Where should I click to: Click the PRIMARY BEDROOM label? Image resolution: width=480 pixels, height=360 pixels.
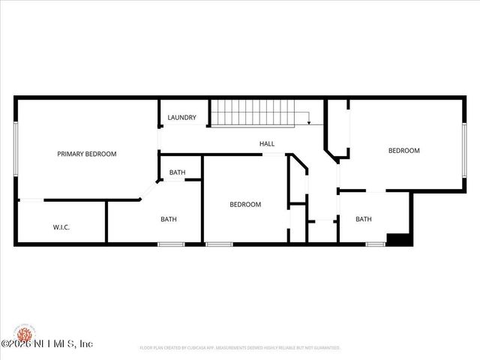[x=87, y=154]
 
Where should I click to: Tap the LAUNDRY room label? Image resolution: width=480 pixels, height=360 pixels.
[x=181, y=117]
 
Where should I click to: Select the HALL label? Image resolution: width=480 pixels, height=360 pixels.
[x=266, y=143]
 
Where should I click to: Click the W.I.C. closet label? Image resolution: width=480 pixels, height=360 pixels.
[x=61, y=226]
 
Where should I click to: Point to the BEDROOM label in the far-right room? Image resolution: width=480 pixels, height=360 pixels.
[x=403, y=151]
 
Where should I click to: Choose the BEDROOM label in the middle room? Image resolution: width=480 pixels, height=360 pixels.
[x=244, y=204]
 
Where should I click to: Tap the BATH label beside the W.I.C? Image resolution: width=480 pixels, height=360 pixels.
[x=168, y=219]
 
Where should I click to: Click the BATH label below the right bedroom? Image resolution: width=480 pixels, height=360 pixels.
[x=363, y=219]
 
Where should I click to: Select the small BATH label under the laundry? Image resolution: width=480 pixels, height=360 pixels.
[x=177, y=172]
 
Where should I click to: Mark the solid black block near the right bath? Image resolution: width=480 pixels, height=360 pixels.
[x=398, y=239]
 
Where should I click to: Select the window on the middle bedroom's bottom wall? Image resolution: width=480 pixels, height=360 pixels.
[x=218, y=243]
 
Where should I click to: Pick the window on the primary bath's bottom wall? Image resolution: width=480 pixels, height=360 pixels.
[x=171, y=243]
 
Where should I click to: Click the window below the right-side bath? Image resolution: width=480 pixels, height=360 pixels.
[x=375, y=243]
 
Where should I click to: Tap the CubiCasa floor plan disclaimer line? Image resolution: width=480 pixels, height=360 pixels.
[x=240, y=348]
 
